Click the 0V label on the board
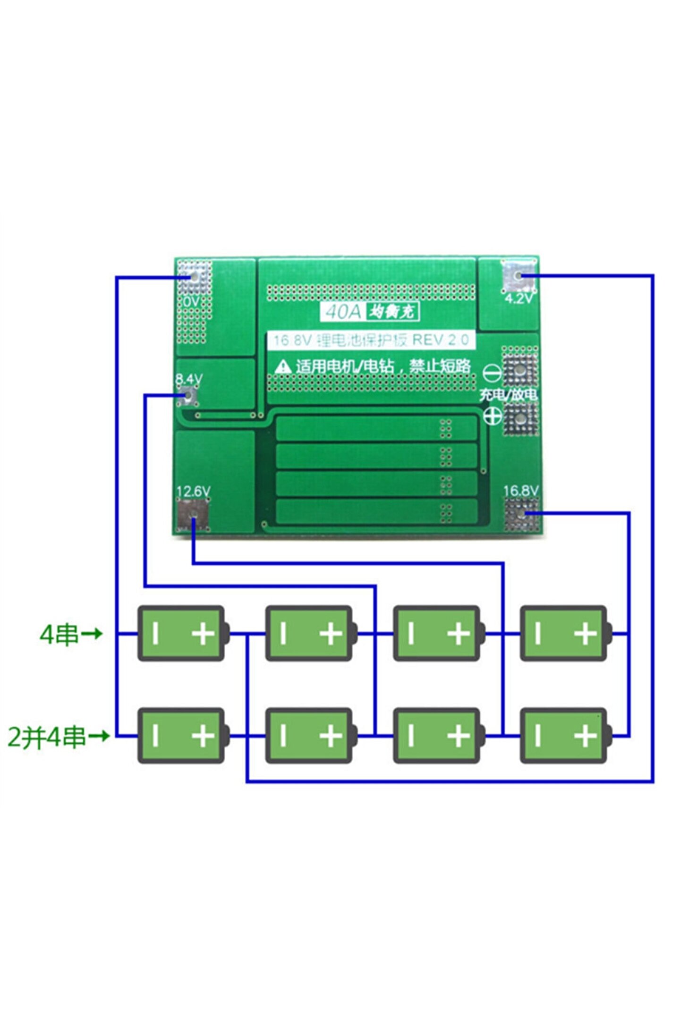pos(192,301)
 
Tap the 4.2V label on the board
pos(518,298)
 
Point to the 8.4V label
pos(189,379)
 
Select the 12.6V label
pos(193,491)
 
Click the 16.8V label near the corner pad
pos(520,491)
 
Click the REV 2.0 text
pos(441,340)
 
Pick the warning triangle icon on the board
pos(282,366)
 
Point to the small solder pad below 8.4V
pos(188,395)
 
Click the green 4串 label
pos(59,634)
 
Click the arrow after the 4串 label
pos(91,633)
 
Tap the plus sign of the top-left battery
pos(203,633)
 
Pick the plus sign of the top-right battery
pos(585,633)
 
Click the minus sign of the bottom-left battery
pos(155,735)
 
